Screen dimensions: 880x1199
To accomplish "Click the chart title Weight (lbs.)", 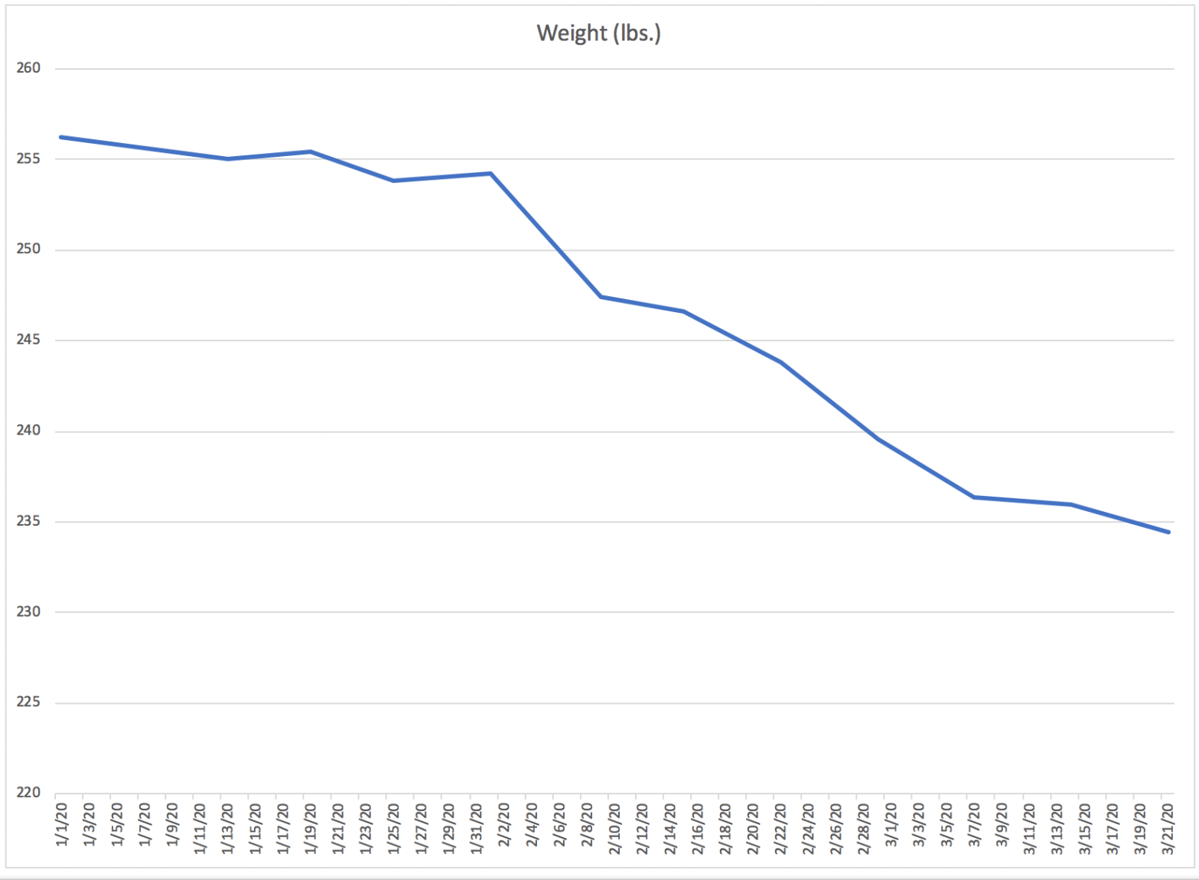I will (x=598, y=34).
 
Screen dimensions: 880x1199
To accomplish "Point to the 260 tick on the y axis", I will (x=28, y=68).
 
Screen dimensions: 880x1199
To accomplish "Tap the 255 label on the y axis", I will (x=28, y=159).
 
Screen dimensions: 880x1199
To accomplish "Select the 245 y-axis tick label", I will (x=28, y=340).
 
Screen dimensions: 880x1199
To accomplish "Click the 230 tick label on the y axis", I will (x=28, y=612).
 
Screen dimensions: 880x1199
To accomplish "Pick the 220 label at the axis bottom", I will (x=28, y=793).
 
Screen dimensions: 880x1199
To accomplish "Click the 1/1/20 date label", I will (x=62, y=825).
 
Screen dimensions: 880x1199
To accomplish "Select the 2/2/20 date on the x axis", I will (x=504, y=825).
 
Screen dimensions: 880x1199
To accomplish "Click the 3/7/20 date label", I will (x=974, y=825).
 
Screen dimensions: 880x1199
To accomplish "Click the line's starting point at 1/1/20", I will (x=60, y=137).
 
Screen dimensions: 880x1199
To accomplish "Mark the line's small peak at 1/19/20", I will (x=311, y=152).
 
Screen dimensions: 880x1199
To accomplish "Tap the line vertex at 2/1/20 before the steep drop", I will (x=490, y=174).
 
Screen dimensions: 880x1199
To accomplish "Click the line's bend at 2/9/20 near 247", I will (x=601, y=297).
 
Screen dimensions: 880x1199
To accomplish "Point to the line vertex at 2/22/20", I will (x=780, y=362).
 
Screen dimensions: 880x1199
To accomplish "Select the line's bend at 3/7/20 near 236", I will (x=974, y=497).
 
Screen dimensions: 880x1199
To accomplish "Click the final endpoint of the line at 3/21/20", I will (x=1168, y=533).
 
